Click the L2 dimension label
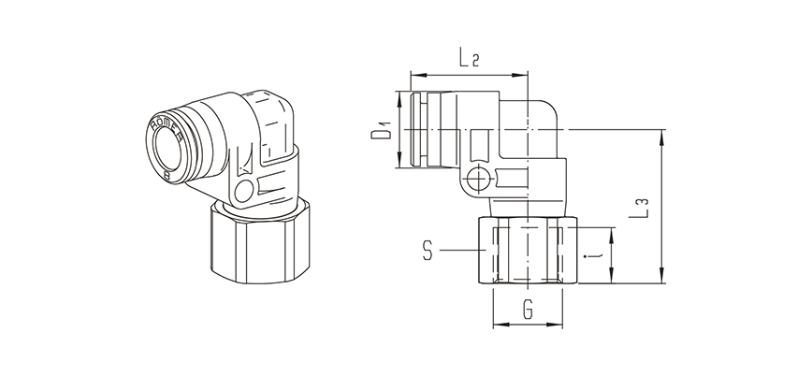click(469, 60)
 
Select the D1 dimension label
click(380, 130)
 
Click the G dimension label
click(529, 307)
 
